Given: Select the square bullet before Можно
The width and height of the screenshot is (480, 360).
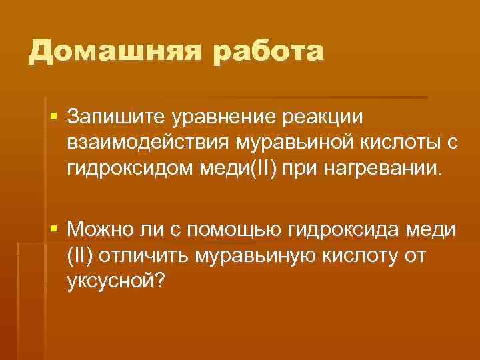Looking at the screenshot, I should (x=53, y=230).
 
